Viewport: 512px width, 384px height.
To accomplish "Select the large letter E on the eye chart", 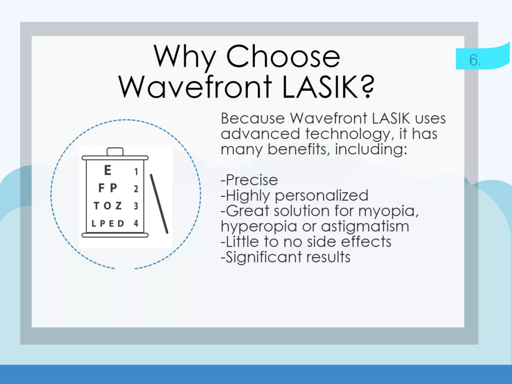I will pos(107,170).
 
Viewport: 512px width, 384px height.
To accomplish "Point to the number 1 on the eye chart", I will pos(136,172).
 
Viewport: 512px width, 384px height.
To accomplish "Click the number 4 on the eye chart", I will pos(136,223).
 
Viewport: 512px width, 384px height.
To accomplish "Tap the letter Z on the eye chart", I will pos(118,206).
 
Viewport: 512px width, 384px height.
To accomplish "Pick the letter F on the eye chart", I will pos(101,188).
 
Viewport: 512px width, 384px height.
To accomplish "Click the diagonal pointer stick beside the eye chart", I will pos(159,204).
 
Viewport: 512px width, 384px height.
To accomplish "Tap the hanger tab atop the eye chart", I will pos(115,151).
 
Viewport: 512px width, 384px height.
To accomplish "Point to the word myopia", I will pos(387,211).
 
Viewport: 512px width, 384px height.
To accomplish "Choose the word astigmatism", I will pos(365,226).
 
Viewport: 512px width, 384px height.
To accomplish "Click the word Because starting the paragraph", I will pos(253,118).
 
